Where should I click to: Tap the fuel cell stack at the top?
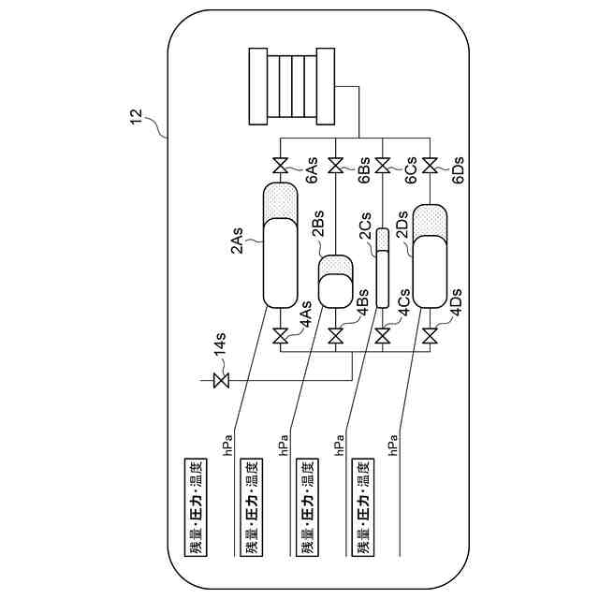[293, 84]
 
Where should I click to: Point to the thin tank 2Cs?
[382, 274]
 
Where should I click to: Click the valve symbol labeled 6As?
[280, 168]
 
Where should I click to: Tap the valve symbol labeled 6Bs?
[336, 168]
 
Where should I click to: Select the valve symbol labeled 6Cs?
[382, 168]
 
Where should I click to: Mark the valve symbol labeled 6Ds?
[429, 168]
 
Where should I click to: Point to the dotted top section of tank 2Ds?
[429, 220]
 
